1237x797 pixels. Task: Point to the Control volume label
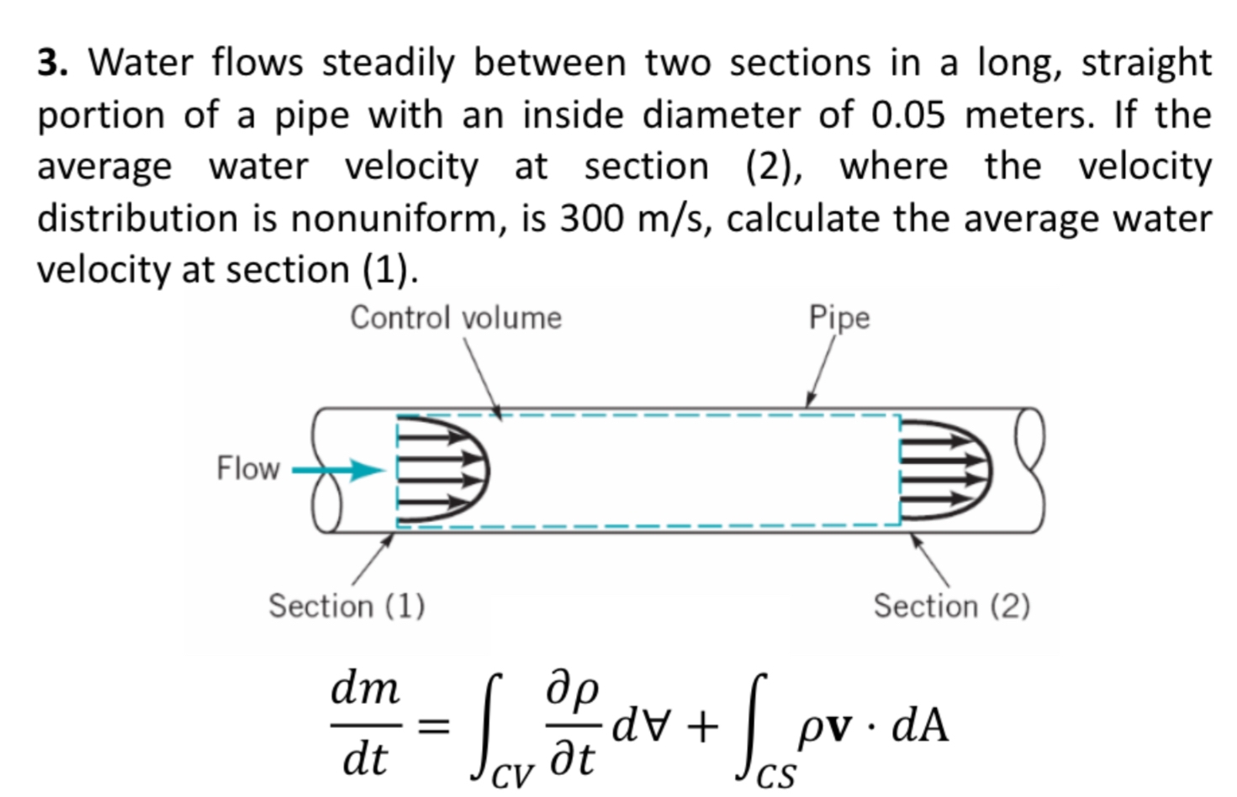click(x=455, y=318)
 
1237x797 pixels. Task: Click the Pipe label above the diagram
click(x=838, y=318)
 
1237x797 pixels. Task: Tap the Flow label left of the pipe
click(x=247, y=468)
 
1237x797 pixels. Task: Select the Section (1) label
click(x=346, y=605)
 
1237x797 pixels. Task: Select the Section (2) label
click(x=950, y=605)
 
